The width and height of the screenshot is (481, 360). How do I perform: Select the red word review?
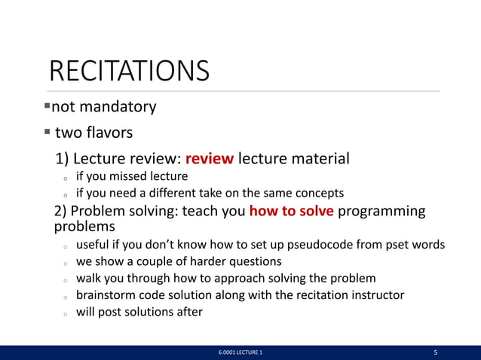coord(210,159)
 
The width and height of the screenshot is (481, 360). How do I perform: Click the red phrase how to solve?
coord(291,211)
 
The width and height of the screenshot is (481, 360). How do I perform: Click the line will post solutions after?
coord(139,312)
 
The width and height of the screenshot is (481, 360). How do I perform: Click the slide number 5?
coord(436,352)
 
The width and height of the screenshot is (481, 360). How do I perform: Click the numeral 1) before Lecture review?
coord(63,159)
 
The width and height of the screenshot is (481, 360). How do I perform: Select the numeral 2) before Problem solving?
coord(62,211)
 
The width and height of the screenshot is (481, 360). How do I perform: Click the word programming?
coord(381,211)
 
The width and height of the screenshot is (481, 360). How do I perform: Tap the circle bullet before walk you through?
coord(66,279)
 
